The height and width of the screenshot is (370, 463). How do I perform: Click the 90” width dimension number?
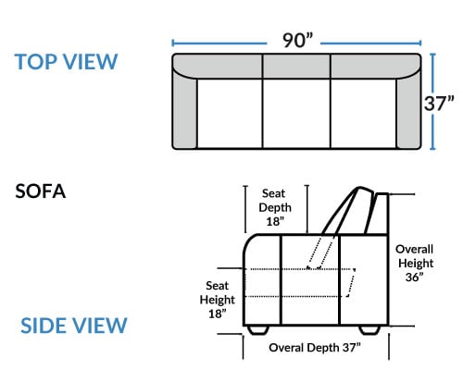coord(297,40)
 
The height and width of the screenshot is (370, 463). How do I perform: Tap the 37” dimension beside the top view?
coord(439,104)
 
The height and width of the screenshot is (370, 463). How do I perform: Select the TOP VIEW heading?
coord(66,62)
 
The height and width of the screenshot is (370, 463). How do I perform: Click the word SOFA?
coord(41,191)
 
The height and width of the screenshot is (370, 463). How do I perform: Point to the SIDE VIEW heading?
coord(74,326)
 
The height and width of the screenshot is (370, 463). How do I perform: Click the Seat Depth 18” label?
coord(275,207)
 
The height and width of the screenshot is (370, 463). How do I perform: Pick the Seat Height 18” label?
coord(218,300)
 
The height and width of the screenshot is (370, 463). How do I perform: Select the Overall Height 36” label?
coord(415,263)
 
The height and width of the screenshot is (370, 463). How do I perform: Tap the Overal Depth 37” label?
coord(315,348)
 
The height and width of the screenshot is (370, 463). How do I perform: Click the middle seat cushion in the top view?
coord(296,114)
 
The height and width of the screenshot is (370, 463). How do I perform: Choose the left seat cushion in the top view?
coord(230,114)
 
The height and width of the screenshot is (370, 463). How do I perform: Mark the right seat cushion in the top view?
coord(363,114)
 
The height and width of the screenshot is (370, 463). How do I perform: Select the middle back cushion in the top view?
coord(296,67)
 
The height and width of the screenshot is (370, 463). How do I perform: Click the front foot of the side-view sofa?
coord(258,329)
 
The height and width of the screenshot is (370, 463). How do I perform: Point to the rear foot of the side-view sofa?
coord(369,329)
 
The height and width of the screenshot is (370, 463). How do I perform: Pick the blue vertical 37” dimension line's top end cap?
coord(432,54)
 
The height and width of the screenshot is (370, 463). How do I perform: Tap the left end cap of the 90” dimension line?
coord(173,43)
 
